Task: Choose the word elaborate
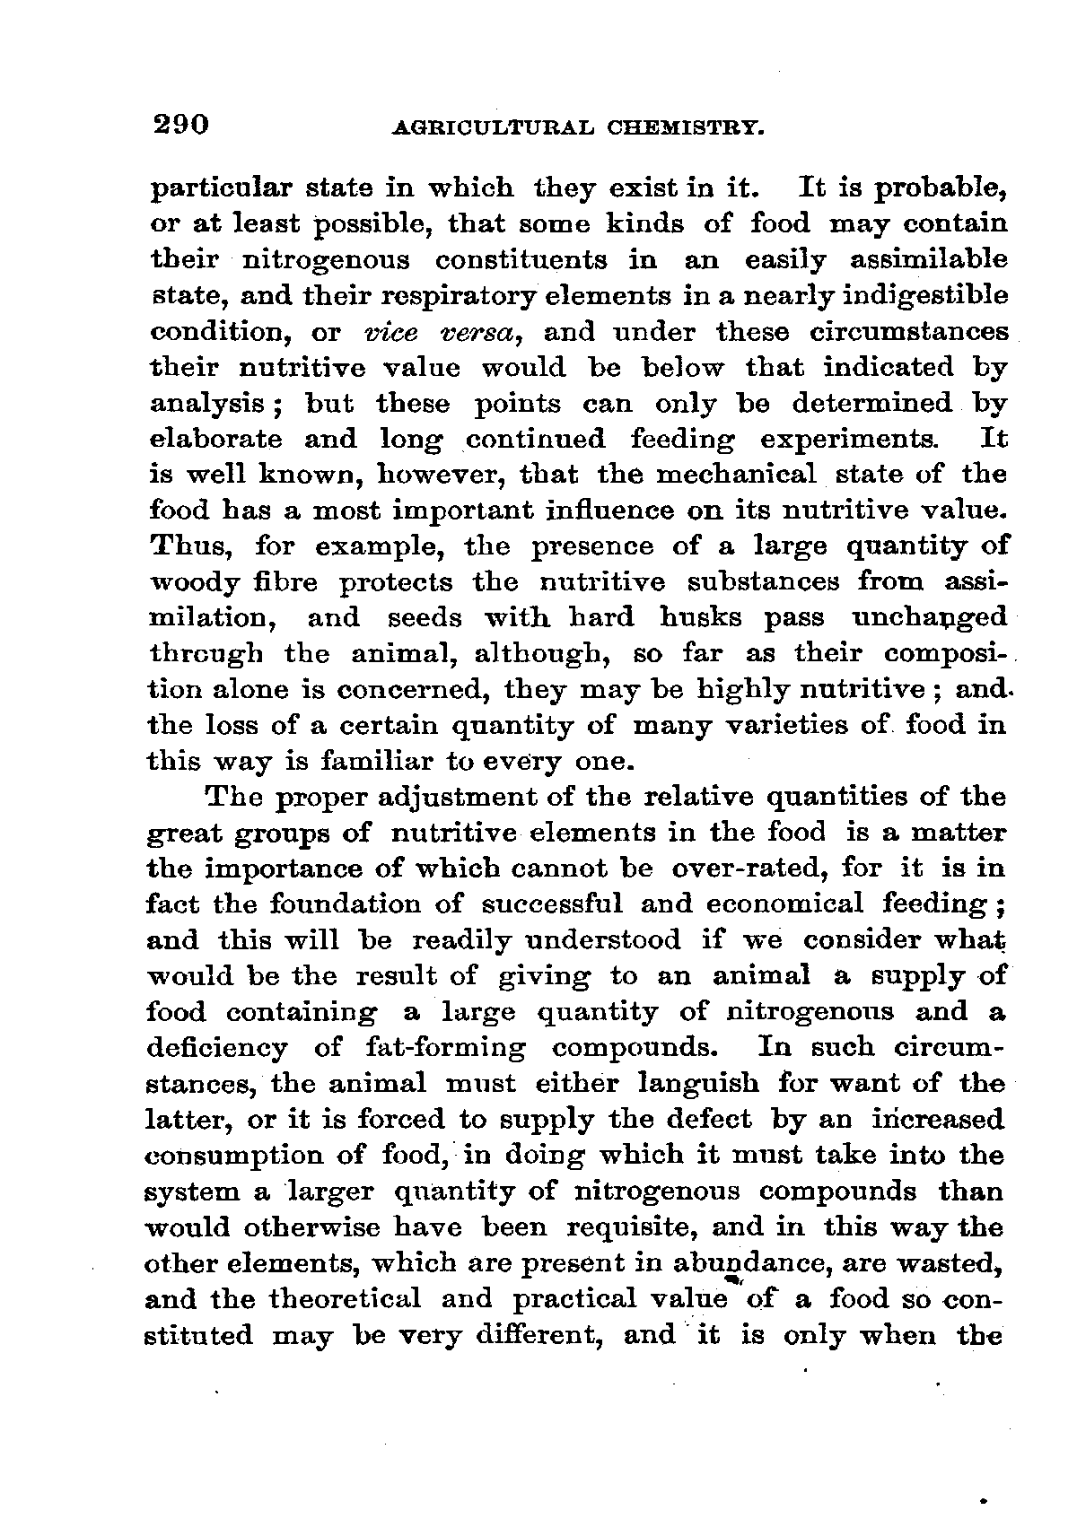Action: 214,440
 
